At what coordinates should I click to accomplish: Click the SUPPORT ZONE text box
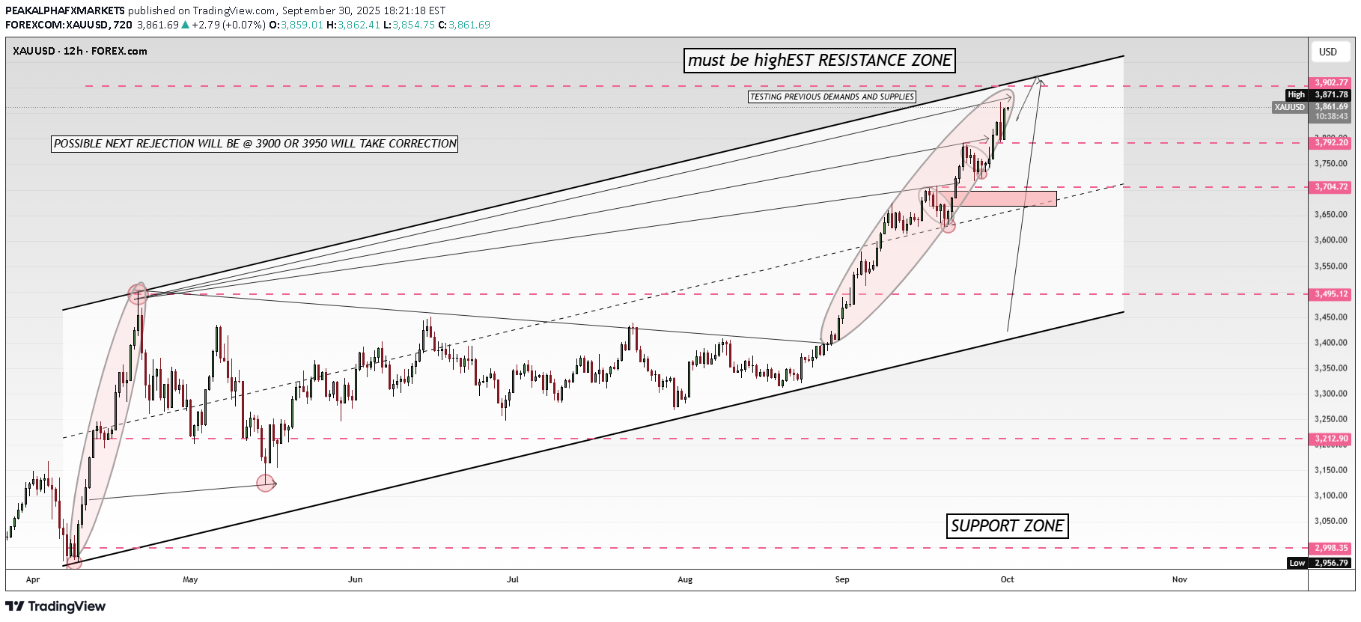(1007, 526)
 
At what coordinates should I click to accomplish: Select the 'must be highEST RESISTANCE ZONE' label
(820, 61)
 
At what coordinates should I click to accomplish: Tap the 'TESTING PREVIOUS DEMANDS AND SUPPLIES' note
(832, 97)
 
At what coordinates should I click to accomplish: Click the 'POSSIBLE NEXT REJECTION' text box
(255, 144)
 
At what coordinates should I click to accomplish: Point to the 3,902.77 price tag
(1331, 82)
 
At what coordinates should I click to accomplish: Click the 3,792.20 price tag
(1331, 142)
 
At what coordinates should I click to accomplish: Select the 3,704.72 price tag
(1331, 187)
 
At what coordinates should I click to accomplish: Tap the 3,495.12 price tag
(1331, 294)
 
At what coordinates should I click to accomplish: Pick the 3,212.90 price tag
(1331, 439)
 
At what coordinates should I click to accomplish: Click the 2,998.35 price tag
(1331, 548)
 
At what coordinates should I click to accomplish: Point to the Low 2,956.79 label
(1321, 563)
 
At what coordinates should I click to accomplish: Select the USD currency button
(1328, 52)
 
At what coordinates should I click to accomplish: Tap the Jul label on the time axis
(513, 579)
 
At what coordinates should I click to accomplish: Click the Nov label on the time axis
(1180, 579)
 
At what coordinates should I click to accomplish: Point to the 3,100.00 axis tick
(1331, 496)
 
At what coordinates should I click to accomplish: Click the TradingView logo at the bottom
(56, 606)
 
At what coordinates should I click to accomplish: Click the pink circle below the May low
(265, 483)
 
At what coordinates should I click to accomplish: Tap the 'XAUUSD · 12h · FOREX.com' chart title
(80, 51)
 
